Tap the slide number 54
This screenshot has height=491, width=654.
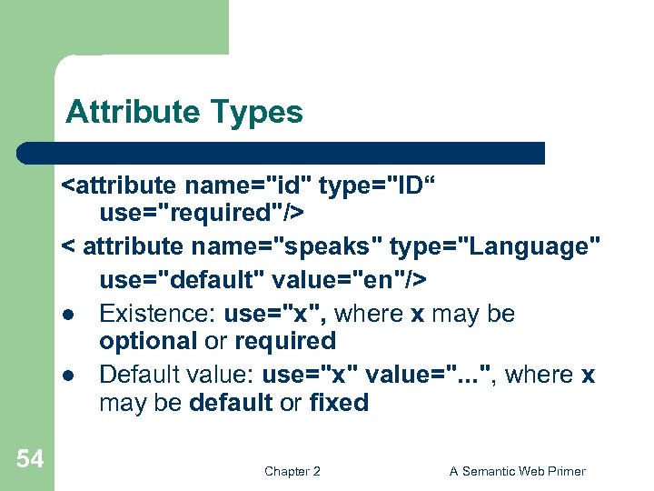(x=29, y=459)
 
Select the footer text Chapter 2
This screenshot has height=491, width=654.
(x=292, y=471)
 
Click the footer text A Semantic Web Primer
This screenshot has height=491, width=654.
(x=518, y=471)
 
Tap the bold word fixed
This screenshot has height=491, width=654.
(x=338, y=402)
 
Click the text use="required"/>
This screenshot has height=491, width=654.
(x=201, y=213)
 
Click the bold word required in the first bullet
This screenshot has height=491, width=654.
(x=285, y=341)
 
